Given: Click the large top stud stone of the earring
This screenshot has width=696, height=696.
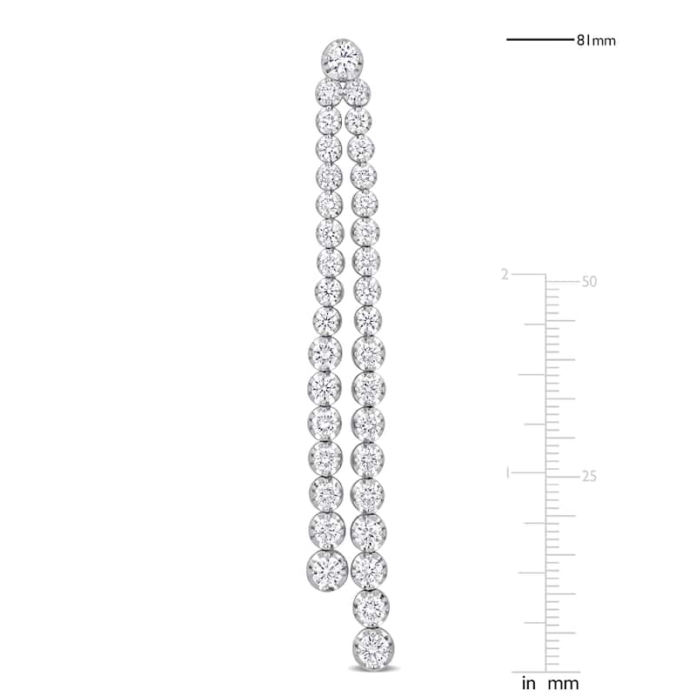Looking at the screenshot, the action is click(342, 59).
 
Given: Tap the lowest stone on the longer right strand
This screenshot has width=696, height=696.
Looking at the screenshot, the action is click(373, 647).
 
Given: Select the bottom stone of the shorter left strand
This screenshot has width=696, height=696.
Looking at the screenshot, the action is click(327, 571).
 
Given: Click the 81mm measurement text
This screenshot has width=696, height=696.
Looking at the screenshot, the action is click(596, 41).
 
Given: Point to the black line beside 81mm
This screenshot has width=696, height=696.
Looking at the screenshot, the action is click(540, 40).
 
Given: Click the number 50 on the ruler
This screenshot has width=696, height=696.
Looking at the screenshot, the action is click(589, 281).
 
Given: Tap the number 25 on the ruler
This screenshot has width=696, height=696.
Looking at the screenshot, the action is click(589, 476).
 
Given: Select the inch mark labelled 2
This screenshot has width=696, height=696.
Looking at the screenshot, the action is click(505, 275).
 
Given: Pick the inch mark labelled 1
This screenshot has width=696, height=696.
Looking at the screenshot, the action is click(507, 473).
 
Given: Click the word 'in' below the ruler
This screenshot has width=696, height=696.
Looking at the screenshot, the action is click(529, 684).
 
